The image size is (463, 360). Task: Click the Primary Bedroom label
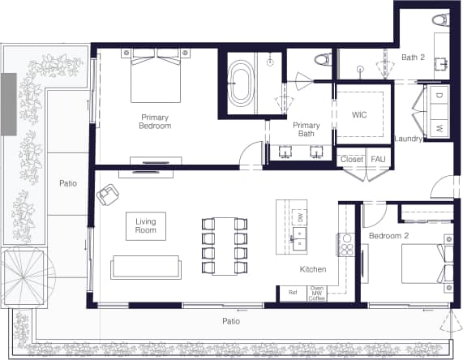tap(155, 121)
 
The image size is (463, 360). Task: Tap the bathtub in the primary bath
tap(242, 84)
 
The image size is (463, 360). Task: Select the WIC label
tap(359, 115)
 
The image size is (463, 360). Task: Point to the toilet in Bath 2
tap(440, 19)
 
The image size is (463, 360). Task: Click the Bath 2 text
tap(413, 58)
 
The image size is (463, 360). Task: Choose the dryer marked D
tap(439, 96)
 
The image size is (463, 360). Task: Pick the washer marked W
tap(439, 128)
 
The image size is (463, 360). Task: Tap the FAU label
tap(378, 160)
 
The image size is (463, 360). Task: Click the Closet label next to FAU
tap(352, 160)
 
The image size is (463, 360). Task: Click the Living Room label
tap(146, 225)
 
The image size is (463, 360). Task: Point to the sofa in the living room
tap(146, 267)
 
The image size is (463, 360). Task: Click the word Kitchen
tap(313, 268)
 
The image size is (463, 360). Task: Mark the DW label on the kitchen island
tap(299, 217)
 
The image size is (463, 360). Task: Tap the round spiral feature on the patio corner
tap(25, 273)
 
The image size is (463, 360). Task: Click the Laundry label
tap(409, 139)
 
